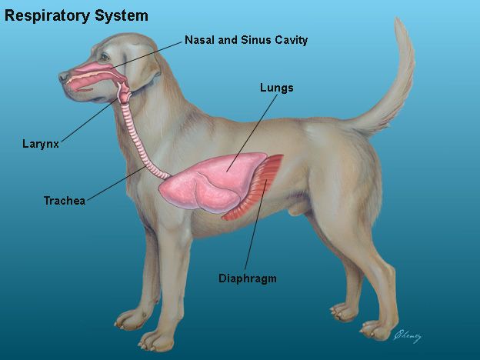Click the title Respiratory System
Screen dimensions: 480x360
pos(77,15)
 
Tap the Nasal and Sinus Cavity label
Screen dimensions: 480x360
pos(246,40)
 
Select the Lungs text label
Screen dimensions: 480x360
pos(276,88)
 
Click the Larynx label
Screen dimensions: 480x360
pos(41,143)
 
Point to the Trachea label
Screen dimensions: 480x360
pos(64,201)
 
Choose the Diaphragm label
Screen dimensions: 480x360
pos(247,278)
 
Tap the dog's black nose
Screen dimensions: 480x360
pos(63,76)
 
